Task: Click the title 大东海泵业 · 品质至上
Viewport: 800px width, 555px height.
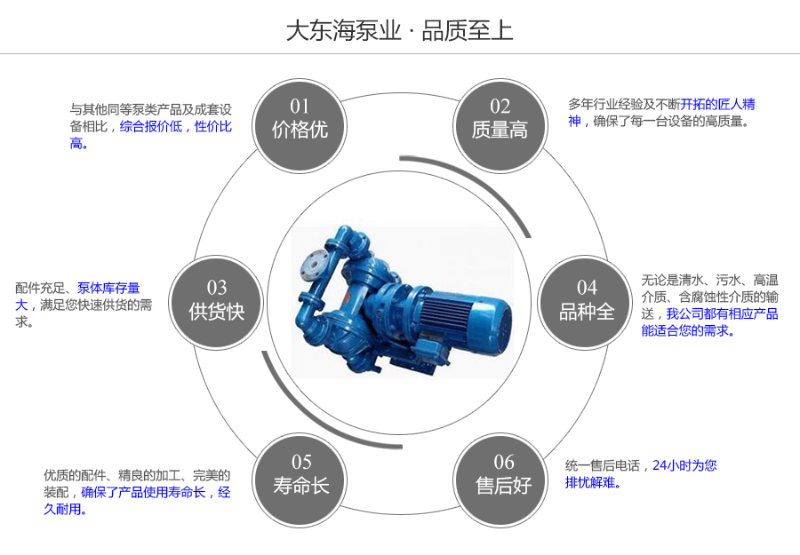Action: [x=399, y=30]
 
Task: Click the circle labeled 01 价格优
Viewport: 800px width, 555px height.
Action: [x=300, y=121]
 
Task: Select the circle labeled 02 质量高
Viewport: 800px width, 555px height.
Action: [x=500, y=121]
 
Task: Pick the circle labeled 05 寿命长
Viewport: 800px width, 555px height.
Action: [x=301, y=475]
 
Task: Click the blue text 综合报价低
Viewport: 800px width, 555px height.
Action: [x=151, y=127]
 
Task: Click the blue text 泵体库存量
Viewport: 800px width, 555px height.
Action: [x=108, y=289]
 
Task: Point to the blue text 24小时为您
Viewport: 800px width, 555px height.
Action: [x=684, y=465]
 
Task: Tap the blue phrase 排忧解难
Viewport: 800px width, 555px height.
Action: [x=592, y=483]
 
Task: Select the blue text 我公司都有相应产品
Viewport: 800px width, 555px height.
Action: [x=722, y=313]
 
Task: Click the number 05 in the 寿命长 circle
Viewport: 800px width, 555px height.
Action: [x=301, y=462]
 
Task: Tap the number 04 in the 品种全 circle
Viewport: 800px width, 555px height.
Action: [x=587, y=288]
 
